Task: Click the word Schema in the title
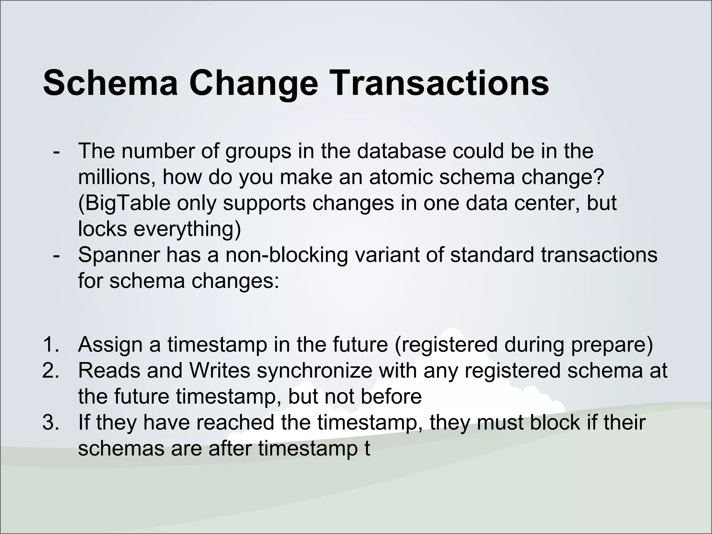coord(110,83)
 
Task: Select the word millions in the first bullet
coord(117,177)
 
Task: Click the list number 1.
coord(52,345)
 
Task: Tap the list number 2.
coord(52,371)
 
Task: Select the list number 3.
coord(52,422)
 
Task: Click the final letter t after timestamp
coord(367,448)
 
